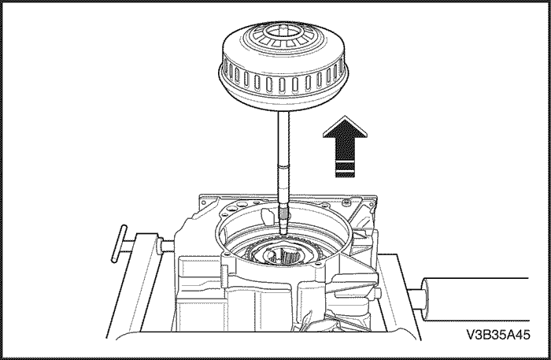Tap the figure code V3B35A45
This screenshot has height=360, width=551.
pos(498,335)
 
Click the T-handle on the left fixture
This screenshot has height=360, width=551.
pos(119,243)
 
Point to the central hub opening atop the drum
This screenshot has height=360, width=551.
pos(283,32)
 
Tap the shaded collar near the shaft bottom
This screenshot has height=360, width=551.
pos(283,213)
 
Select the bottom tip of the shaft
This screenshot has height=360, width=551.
pos(283,233)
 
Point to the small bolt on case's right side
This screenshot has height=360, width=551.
pos(379,292)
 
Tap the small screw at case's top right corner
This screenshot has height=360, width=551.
pos(346,202)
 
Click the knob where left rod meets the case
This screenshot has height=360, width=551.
pos(161,245)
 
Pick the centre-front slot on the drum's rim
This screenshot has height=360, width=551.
pos(283,85)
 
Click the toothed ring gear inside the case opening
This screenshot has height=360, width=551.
pos(283,251)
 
